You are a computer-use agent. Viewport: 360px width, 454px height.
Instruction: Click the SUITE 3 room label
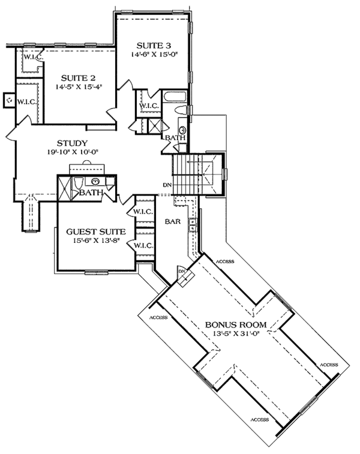tap(154, 46)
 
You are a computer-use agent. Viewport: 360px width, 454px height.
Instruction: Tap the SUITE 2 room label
tap(78, 78)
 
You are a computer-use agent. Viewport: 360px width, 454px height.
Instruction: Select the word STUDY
tap(72, 143)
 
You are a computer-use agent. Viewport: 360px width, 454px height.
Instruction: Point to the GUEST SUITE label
tap(96, 231)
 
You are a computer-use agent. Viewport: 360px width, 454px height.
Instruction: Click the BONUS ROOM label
tap(236, 324)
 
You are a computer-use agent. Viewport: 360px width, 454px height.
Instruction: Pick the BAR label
tap(173, 221)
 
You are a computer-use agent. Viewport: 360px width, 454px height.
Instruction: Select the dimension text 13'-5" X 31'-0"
tap(235, 333)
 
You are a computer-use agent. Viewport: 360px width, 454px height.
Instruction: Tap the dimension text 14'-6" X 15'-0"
tap(154, 54)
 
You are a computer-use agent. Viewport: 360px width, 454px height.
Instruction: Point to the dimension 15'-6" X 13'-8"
tap(96, 240)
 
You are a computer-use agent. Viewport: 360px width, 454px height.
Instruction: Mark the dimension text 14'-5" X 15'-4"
tap(79, 86)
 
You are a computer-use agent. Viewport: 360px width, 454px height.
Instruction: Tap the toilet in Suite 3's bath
tap(181, 110)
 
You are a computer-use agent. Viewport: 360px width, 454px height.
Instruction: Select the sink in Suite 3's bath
tap(183, 130)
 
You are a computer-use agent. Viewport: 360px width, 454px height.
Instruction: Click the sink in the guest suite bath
tap(95, 182)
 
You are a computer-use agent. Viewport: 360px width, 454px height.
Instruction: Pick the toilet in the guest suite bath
tap(78, 183)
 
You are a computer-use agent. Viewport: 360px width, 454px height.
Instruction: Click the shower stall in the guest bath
tap(64, 188)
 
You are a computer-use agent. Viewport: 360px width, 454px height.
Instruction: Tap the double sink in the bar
tap(192, 226)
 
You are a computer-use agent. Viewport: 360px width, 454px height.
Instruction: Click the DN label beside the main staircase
tap(167, 185)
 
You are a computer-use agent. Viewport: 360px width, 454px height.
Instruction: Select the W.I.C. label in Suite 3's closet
tap(149, 106)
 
